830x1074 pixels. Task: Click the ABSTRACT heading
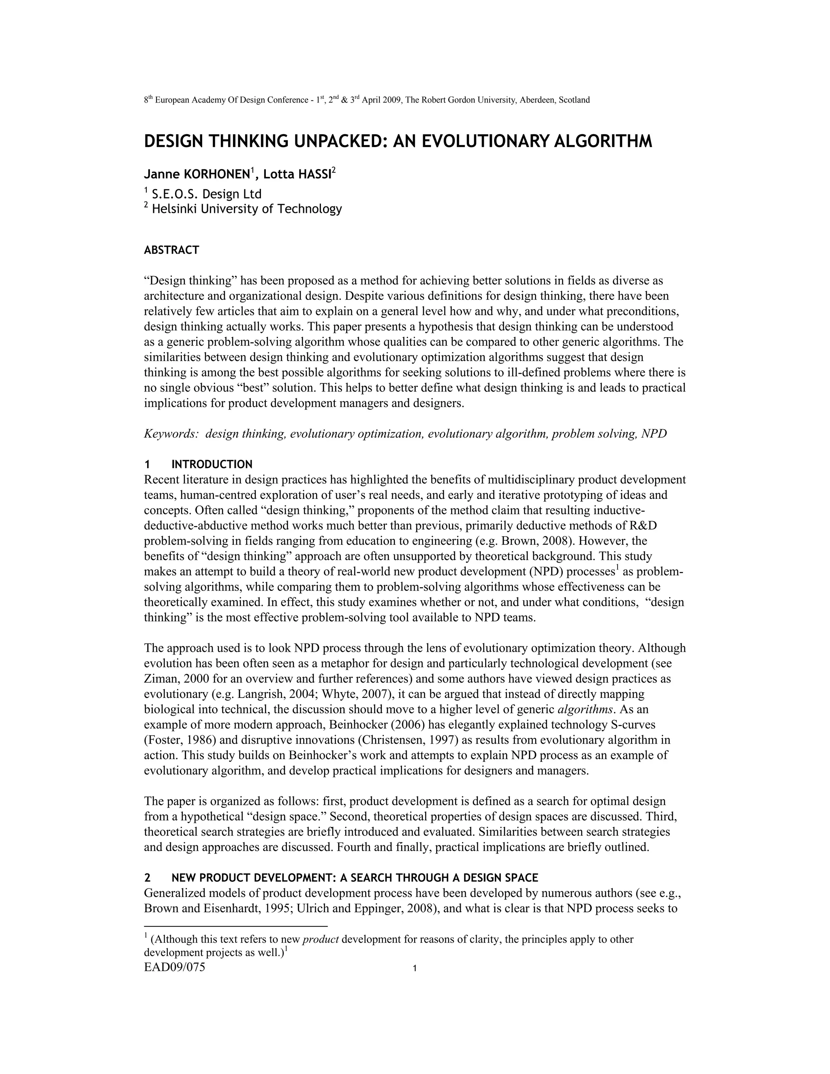pyautogui.click(x=171, y=250)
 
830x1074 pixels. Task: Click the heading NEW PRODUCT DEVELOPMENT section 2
pyautogui.click(x=355, y=878)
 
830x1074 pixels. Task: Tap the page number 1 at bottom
pyautogui.click(x=415, y=969)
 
